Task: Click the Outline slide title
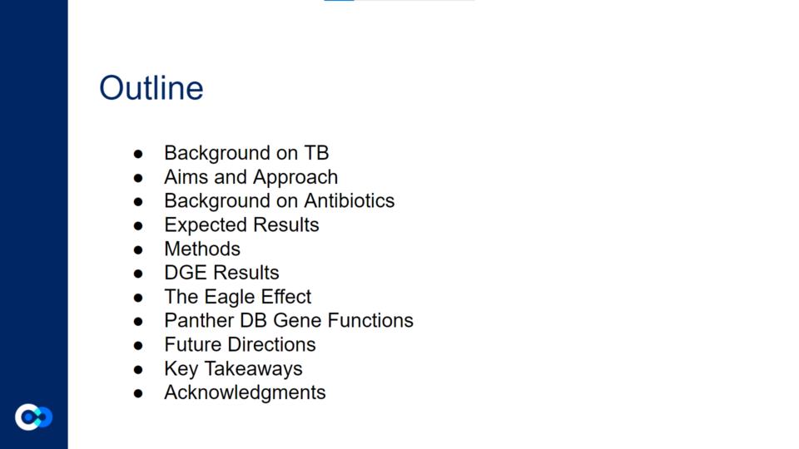(151, 88)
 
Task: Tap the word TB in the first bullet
(316, 153)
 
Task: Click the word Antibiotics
(349, 200)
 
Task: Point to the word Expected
(206, 225)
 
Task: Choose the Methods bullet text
(201, 249)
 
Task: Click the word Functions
(370, 321)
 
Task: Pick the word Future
(192, 344)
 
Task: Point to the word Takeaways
(253, 368)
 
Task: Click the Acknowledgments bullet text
(245, 392)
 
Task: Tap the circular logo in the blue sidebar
(33, 417)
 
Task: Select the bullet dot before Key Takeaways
(138, 369)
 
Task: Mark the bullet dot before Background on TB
(138, 154)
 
